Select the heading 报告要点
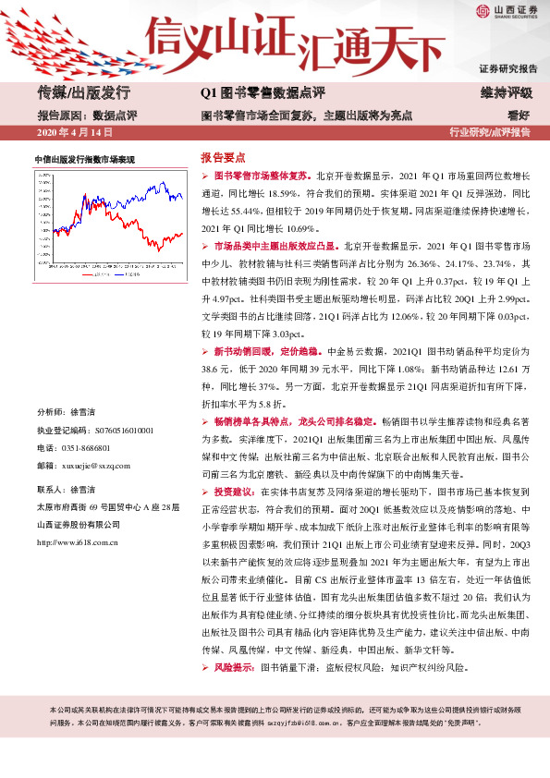click(225, 157)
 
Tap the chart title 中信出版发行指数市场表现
click(84, 160)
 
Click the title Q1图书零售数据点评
click(263, 93)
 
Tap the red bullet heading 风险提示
click(236, 667)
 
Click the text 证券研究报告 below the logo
click(507, 69)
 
